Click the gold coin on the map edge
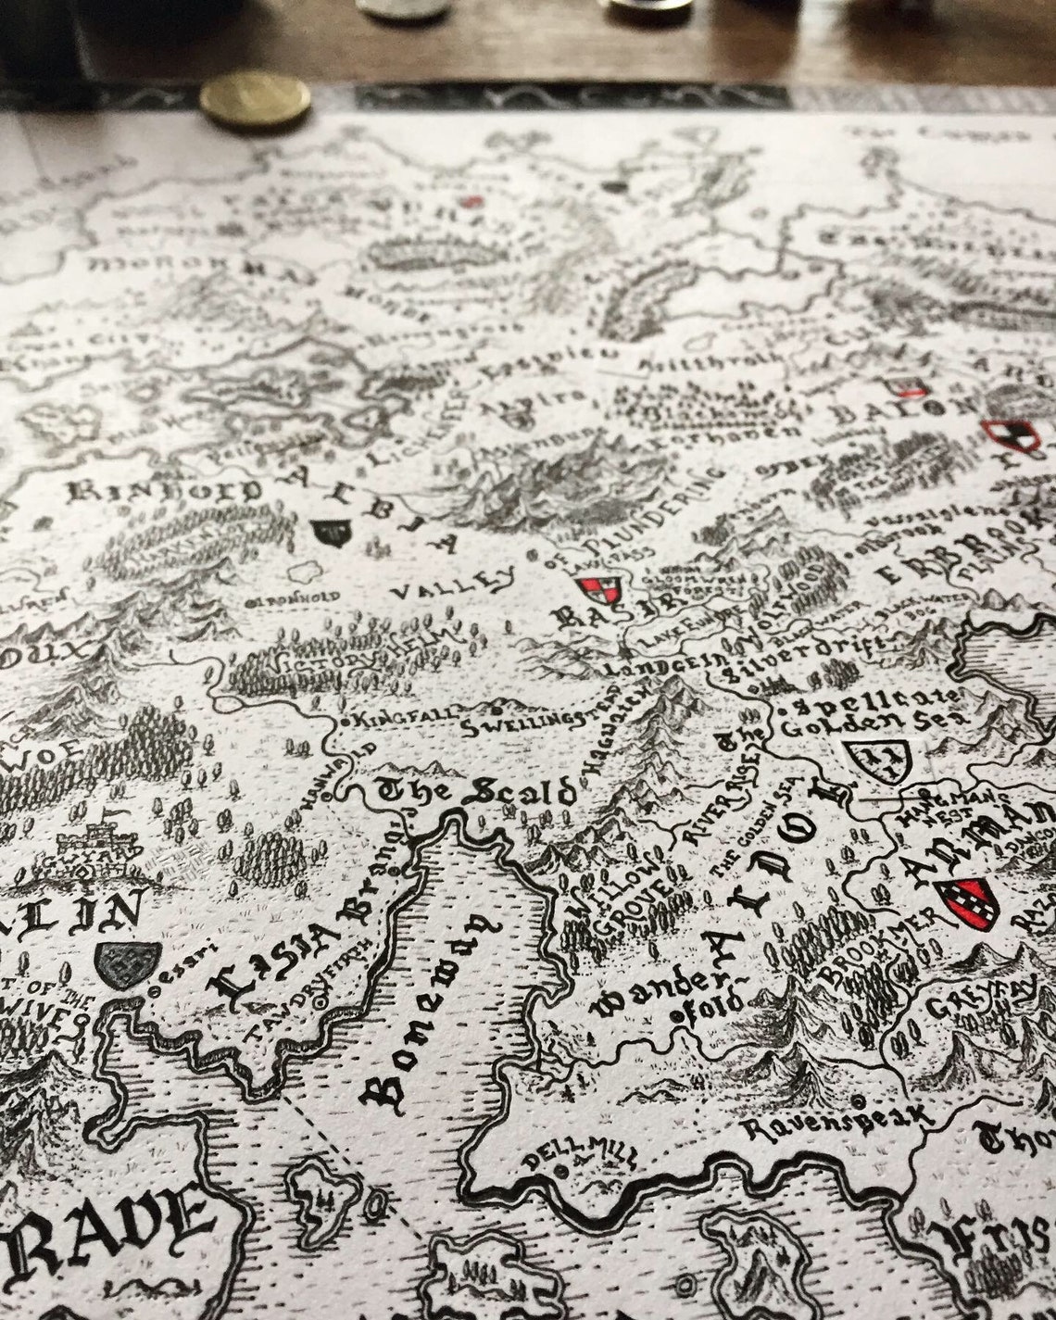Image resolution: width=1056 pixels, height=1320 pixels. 257,101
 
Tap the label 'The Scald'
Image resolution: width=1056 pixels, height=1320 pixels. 476,792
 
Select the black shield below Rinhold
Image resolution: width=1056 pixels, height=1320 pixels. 332,531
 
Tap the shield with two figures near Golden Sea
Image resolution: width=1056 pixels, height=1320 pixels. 874,759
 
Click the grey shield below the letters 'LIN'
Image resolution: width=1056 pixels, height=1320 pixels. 130,966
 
